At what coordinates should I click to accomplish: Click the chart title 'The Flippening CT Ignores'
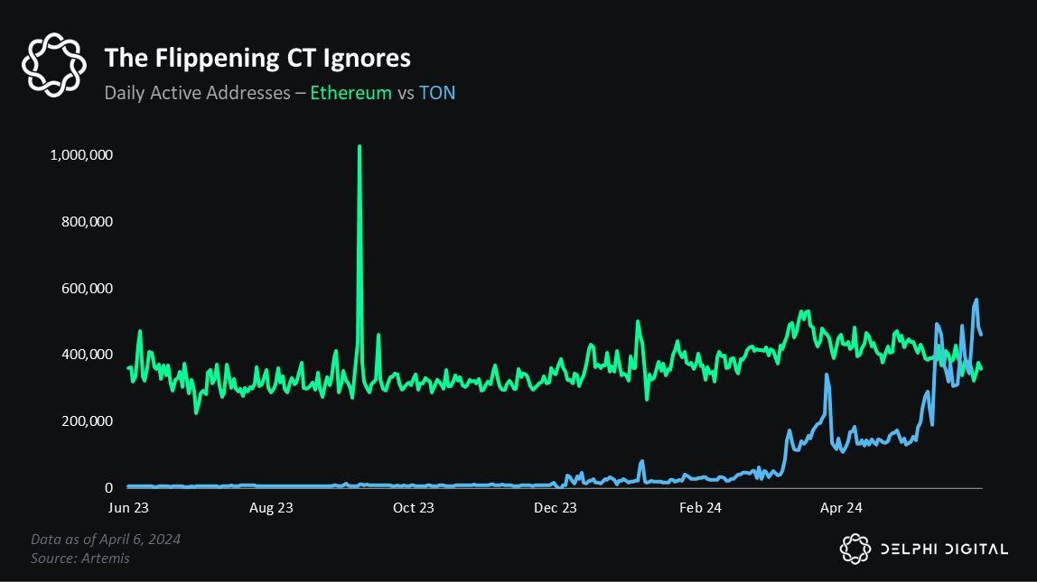(x=257, y=59)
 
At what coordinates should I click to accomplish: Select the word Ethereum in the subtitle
(x=350, y=93)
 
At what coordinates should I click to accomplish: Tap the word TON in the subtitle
(x=437, y=93)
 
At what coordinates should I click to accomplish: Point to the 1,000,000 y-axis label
(x=82, y=155)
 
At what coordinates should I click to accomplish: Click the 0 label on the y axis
(x=108, y=488)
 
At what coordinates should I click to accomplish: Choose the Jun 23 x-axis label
(x=129, y=508)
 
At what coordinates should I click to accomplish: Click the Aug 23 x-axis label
(x=271, y=508)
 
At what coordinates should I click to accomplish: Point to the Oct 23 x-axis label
(x=413, y=508)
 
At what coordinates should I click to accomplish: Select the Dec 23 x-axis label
(x=556, y=508)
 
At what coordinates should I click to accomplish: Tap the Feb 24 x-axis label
(x=700, y=508)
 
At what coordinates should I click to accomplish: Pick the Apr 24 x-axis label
(x=841, y=508)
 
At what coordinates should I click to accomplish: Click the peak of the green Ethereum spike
(x=360, y=146)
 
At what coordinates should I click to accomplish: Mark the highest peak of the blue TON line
(x=976, y=300)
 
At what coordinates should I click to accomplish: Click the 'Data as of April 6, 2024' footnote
(x=106, y=540)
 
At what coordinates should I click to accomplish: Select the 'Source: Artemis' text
(x=80, y=559)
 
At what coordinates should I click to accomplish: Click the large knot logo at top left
(x=54, y=64)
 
